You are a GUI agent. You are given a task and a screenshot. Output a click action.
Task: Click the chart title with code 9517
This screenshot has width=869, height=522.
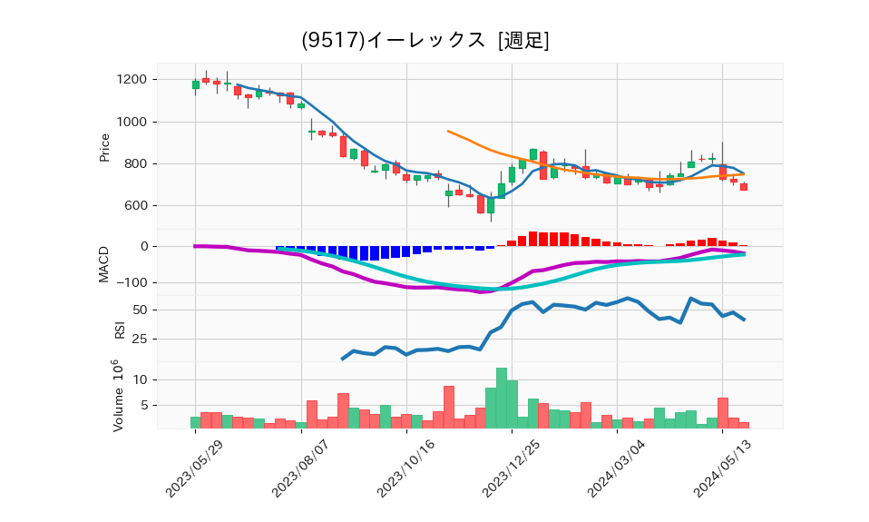[425, 41]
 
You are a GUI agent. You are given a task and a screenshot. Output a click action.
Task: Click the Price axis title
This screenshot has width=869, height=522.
[104, 147]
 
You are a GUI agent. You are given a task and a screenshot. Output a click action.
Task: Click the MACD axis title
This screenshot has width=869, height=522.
[104, 263]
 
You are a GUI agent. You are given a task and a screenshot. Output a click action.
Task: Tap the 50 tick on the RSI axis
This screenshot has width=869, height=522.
[140, 310]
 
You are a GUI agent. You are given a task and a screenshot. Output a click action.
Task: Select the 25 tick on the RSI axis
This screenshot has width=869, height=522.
[140, 340]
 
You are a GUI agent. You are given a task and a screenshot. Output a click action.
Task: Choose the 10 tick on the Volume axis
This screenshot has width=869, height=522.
[140, 379]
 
